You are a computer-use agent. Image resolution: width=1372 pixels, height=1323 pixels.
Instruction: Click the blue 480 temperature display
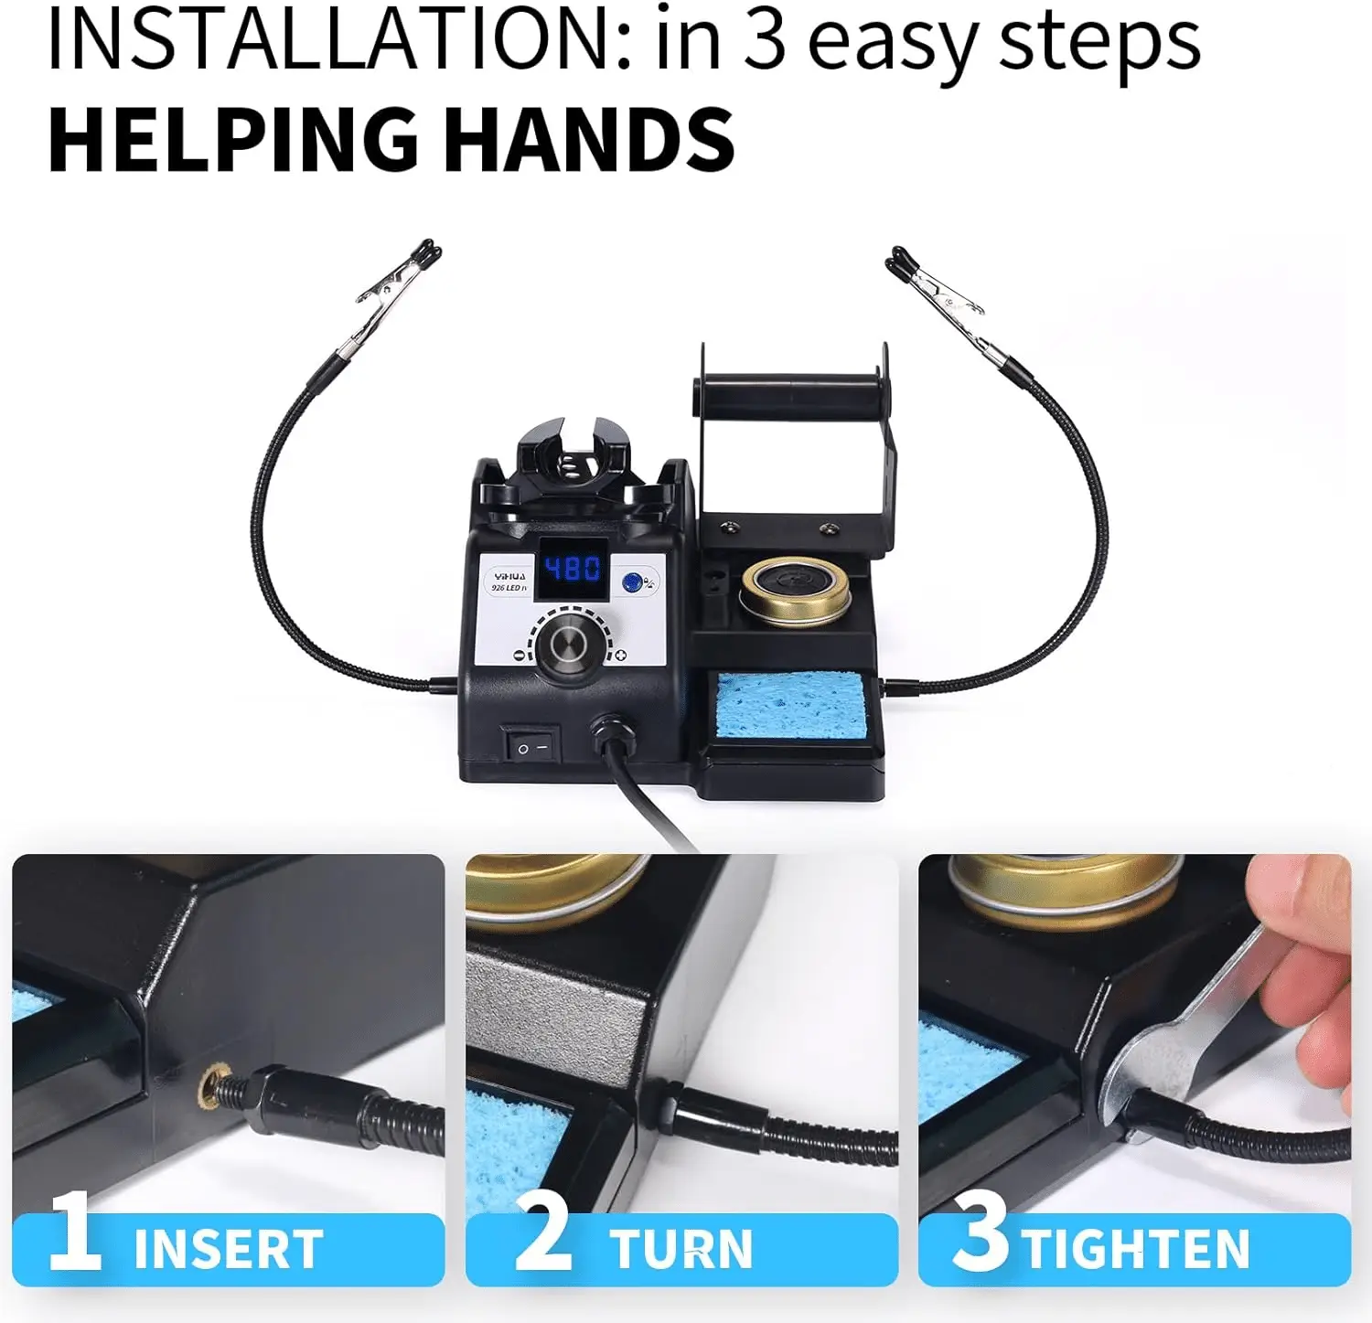tap(573, 569)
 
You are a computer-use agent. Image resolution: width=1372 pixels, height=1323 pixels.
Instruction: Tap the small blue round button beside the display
tap(631, 582)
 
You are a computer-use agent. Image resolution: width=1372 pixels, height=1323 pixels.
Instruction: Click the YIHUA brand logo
tap(510, 577)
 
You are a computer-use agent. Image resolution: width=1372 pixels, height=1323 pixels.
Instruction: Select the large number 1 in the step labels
tap(75, 1231)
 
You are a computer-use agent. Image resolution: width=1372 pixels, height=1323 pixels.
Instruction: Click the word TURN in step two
tap(681, 1248)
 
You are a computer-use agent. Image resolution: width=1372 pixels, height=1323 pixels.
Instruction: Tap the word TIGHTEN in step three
tap(1137, 1248)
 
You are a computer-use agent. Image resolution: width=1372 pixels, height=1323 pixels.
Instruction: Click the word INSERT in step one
tap(228, 1248)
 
